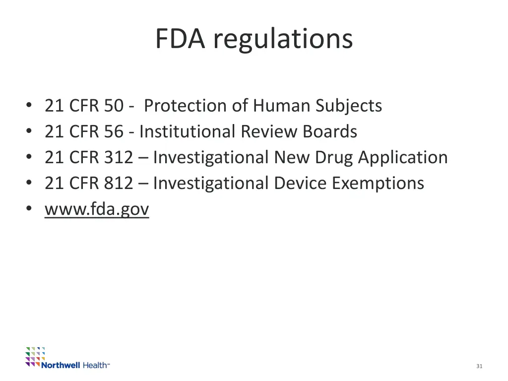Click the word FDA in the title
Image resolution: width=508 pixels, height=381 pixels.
click(x=180, y=39)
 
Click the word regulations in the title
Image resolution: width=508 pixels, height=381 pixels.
click(x=283, y=40)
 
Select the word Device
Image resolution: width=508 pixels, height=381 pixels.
click(x=300, y=183)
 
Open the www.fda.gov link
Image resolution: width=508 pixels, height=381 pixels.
click(x=97, y=209)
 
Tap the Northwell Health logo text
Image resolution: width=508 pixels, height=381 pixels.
click(x=74, y=365)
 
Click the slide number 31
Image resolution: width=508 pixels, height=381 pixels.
click(x=479, y=366)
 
